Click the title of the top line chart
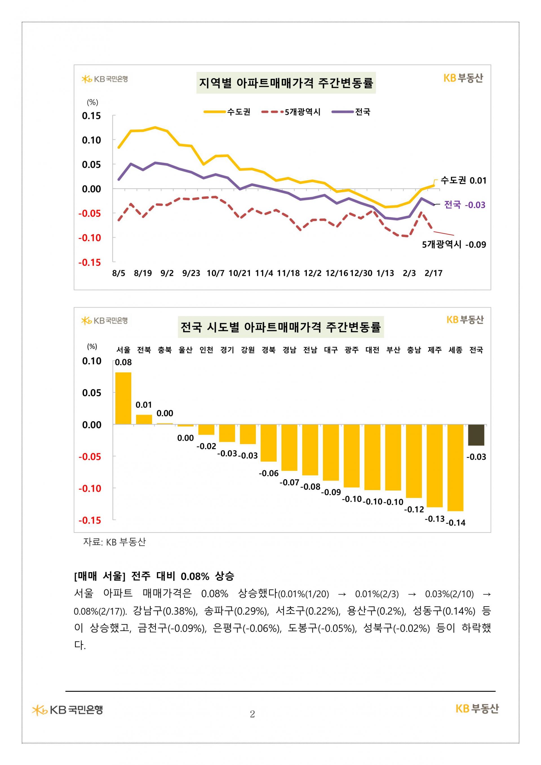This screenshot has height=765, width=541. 286,83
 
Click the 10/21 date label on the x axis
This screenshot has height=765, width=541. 240,273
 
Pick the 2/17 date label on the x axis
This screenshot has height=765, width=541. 433,273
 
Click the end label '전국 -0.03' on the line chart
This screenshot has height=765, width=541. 465,205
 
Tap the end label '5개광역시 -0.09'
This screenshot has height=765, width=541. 454,245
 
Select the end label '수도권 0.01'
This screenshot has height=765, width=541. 464,181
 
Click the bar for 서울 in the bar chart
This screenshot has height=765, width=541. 123,398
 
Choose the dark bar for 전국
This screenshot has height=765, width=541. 476,435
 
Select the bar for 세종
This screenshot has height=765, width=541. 455,467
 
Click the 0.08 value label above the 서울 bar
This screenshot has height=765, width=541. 123,362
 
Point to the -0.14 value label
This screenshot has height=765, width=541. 456,523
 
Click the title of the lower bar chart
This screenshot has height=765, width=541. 280,327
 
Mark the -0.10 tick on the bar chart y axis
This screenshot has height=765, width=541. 90,489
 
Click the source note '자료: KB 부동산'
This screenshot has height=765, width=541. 114,542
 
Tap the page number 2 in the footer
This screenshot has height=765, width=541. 252,714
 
